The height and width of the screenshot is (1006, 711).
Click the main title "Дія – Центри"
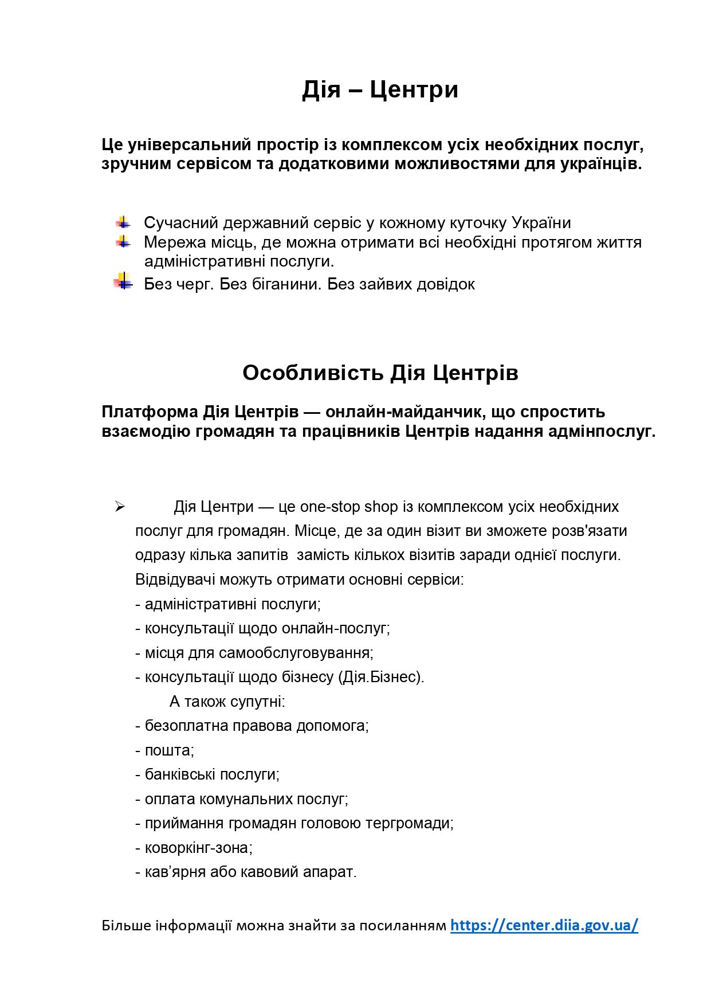click(x=380, y=89)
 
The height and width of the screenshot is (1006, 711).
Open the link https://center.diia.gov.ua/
click(x=544, y=925)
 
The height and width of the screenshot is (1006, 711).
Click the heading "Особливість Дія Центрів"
click(x=380, y=373)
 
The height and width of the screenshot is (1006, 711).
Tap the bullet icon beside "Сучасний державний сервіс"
click(x=123, y=222)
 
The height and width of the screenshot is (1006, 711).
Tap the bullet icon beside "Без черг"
click(x=123, y=283)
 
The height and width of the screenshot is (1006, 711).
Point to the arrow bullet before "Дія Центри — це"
click(x=120, y=506)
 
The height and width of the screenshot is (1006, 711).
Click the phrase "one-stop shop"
click(x=349, y=507)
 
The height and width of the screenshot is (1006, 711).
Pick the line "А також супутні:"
click(x=227, y=702)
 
